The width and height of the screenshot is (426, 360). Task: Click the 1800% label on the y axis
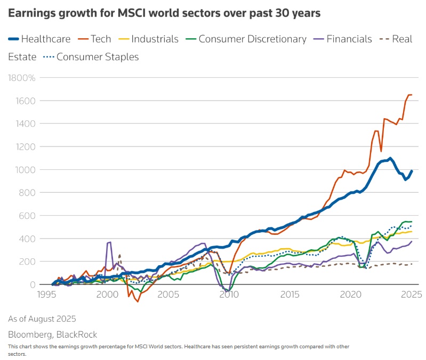click(x=21, y=78)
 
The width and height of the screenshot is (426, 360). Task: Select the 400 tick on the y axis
click(x=28, y=239)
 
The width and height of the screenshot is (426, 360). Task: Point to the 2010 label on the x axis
click(x=229, y=294)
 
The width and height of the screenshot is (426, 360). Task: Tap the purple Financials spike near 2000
click(x=109, y=242)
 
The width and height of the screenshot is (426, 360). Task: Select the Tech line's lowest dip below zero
click(x=138, y=301)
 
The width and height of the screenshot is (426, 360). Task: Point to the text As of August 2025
click(x=42, y=318)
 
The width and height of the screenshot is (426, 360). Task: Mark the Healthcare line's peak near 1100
click(x=390, y=158)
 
